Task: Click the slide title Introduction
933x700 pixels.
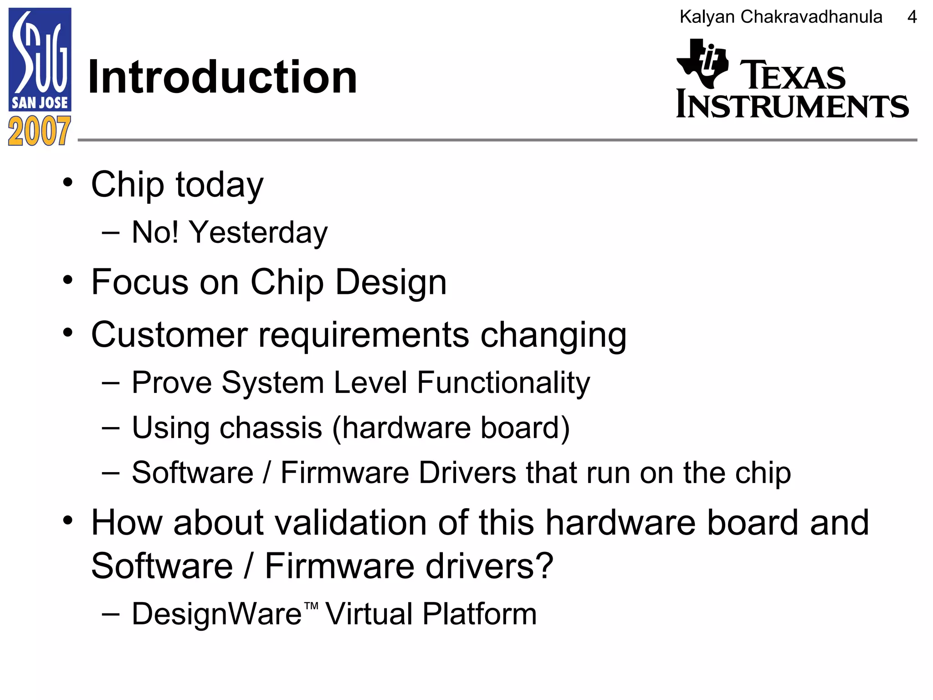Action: coord(222,77)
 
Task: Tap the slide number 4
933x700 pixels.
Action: coord(912,17)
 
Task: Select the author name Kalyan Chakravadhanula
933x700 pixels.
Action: coord(781,17)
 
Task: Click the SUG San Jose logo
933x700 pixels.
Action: coord(40,59)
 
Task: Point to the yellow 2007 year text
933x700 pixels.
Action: coord(40,131)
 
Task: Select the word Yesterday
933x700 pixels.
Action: coord(258,232)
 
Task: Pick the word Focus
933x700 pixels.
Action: coord(139,282)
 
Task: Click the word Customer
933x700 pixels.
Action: coord(169,335)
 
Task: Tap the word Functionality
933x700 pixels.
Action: coord(503,382)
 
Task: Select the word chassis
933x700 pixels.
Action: coord(272,428)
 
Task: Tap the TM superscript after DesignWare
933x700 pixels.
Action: coord(311,606)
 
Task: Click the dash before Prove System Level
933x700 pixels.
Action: coord(111,383)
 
